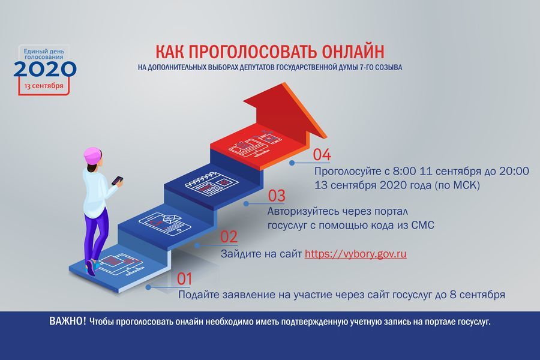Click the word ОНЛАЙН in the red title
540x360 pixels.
pyautogui.click(x=353, y=52)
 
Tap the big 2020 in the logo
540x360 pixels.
pyautogui.click(x=45, y=69)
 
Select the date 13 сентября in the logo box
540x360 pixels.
pyautogui.click(x=44, y=86)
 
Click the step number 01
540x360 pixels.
pyautogui.click(x=184, y=278)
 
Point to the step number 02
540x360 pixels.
pyautogui.click(x=229, y=237)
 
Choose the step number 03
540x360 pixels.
pyautogui.click(x=277, y=196)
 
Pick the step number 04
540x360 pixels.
pyautogui.click(x=322, y=155)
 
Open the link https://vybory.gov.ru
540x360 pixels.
pyautogui.click(x=355, y=254)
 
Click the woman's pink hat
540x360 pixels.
pyautogui.click(x=93, y=155)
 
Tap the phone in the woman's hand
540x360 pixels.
pyautogui.click(x=118, y=180)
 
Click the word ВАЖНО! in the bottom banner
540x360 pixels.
pyautogui.click(x=67, y=322)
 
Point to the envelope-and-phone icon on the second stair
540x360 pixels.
pyautogui.click(x=165, y=223)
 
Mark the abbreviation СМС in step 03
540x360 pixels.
pyautogui.click(x=422, y=226)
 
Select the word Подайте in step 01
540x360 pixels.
pyautogui.click(x=199, y=295)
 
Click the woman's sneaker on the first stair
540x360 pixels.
pyautogui.click(x=90, y=268)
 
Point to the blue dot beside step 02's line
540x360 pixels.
pyautogui.click(x=197, y=245)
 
